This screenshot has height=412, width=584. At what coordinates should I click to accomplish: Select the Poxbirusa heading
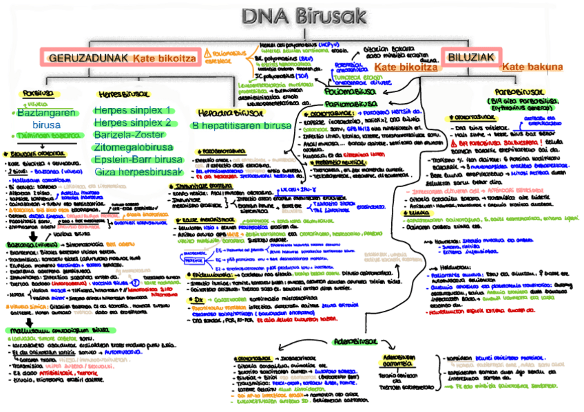36,93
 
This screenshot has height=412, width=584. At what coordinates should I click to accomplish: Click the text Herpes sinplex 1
132,110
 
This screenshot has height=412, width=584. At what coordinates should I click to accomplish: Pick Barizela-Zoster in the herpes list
130,135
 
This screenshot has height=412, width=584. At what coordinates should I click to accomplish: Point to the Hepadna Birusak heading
220,113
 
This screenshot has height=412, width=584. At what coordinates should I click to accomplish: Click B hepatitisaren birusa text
231,126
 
